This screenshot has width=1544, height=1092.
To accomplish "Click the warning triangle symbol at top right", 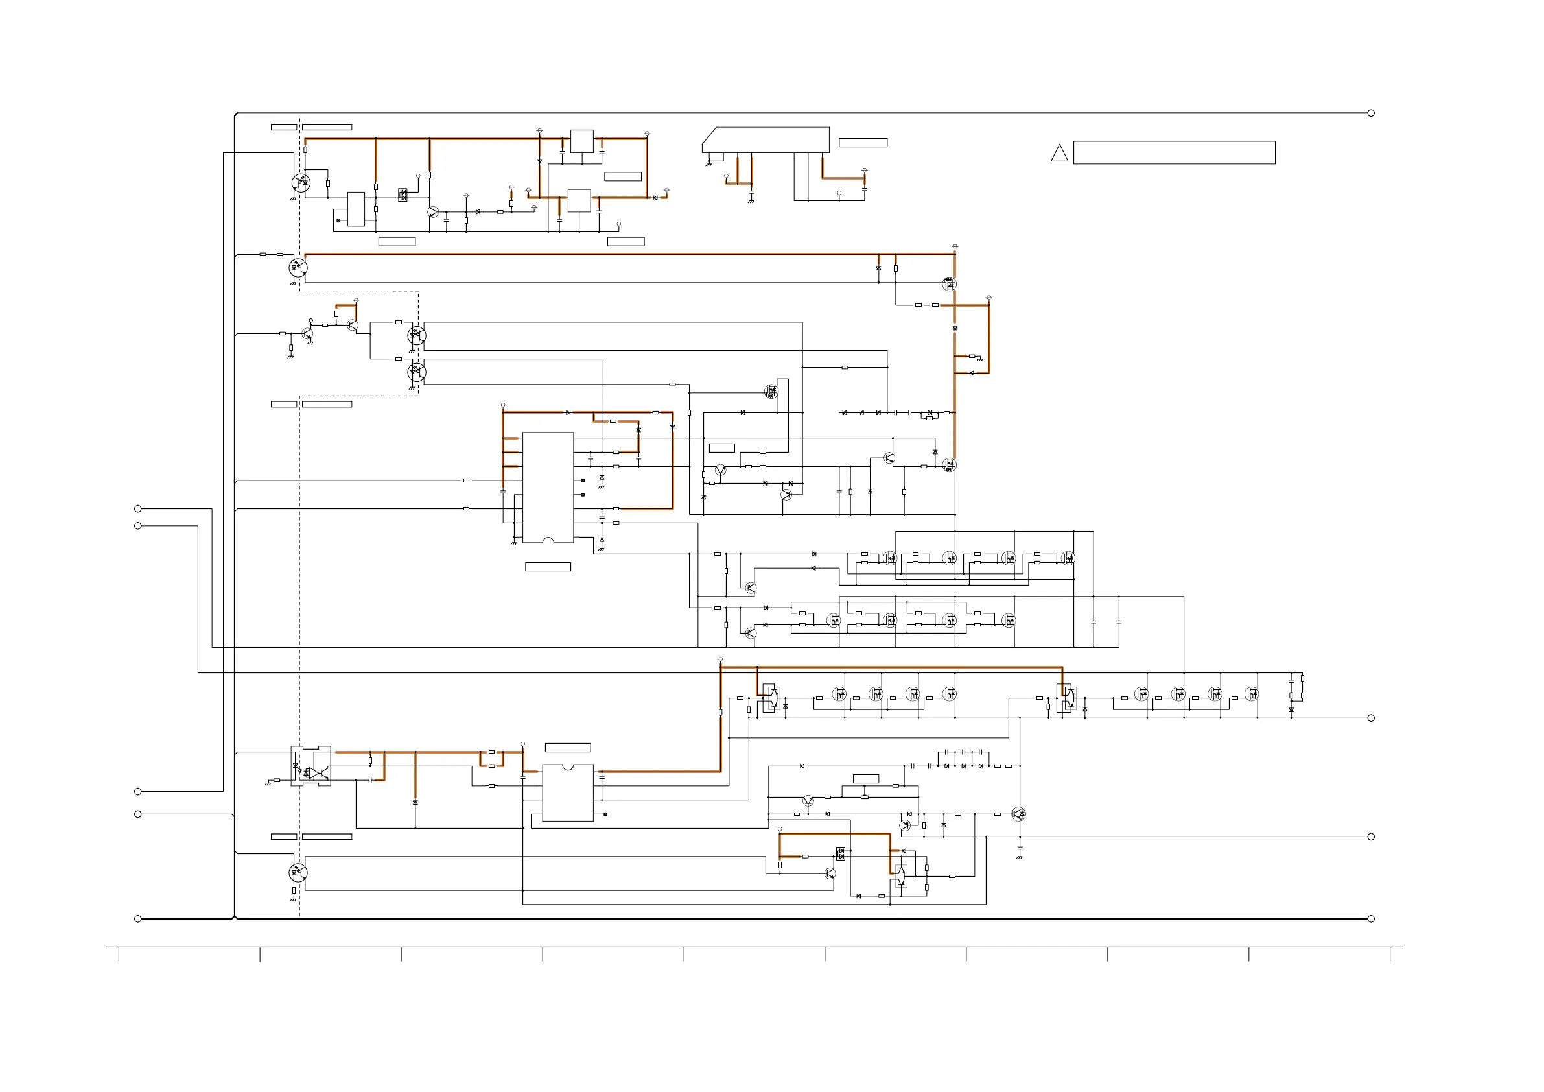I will tap(1059, 154).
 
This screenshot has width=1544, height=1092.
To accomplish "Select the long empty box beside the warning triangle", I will tap(1173, 153).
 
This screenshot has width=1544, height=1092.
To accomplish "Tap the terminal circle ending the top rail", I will tap(1371, 113).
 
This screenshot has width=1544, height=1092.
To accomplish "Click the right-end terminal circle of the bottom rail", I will tap(1371, 918).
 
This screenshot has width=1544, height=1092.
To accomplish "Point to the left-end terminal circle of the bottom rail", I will tap(138, 918).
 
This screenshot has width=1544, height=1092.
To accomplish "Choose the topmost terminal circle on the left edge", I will tap(138, 508).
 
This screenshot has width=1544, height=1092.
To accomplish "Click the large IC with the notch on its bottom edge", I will tap(548, 487).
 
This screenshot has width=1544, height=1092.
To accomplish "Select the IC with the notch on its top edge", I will tap(568, 792).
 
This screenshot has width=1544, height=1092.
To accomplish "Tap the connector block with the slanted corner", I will tap(766, 140).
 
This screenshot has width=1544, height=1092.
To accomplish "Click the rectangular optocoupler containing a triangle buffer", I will tap(310, 766).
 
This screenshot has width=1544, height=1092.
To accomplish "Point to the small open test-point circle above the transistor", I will tap(310, 321).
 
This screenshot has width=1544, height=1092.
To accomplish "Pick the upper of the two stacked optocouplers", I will tap(417, 335).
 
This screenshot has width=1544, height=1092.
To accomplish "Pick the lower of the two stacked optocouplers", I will tap(417, 372).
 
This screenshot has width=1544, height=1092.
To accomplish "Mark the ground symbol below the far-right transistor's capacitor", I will tap(1020, 857).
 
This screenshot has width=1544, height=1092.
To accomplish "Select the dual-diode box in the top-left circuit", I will tap(403, 195).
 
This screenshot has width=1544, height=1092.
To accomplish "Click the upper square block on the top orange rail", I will tap(581, 141).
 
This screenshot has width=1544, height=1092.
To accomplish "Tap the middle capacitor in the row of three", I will tap(963, 752).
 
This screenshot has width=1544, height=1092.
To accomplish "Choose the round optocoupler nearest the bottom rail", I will tap(298, 873).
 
